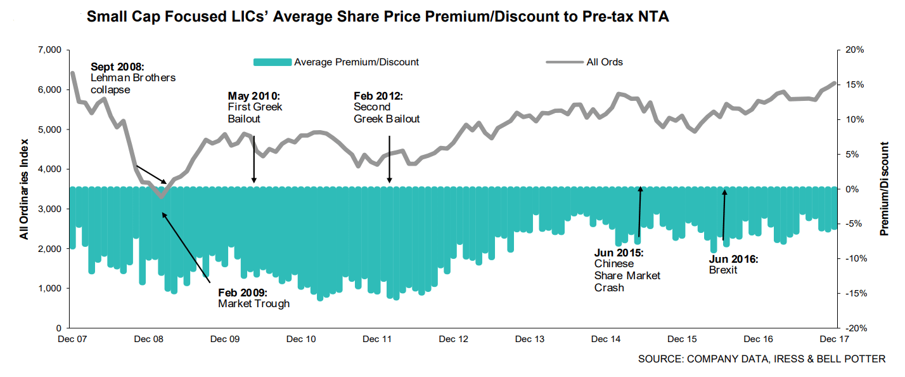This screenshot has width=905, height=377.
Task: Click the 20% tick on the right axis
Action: tap(852, 50)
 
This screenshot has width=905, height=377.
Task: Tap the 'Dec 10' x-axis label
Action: tap(302, 340)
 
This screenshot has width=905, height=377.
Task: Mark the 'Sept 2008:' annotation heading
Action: tap(118, 67)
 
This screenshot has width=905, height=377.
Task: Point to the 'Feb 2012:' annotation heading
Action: tap(378, 96)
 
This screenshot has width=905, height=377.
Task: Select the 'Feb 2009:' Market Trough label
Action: tap(243, 293)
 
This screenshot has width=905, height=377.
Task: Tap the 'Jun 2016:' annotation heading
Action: tap(733, 259)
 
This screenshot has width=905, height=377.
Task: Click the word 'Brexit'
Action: tap(723, 270)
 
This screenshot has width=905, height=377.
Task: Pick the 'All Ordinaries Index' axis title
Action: tap(24, 189)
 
